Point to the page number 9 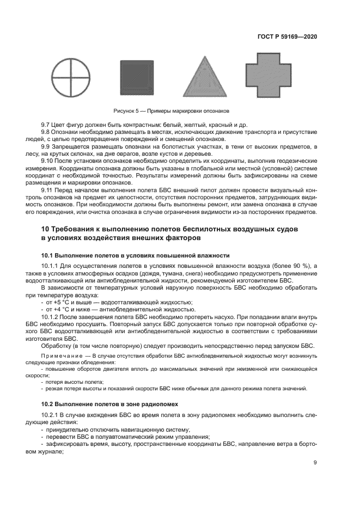(315, 463)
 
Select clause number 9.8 (47, 133)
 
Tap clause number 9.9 (47, 147)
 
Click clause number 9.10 (49, 161)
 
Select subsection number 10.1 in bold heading (48, 255)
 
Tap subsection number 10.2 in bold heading (48, 404)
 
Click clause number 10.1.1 (51, 265)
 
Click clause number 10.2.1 (51, 415)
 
